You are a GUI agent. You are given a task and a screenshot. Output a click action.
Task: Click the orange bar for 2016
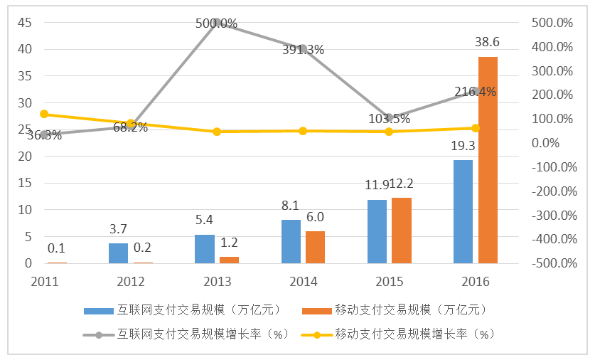coord(488,160)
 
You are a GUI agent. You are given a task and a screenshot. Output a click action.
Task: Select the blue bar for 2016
coord(463,211)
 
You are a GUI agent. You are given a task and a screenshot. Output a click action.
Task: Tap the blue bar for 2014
coord(291,241)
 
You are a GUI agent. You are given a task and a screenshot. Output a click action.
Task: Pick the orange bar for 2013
coord(229,260)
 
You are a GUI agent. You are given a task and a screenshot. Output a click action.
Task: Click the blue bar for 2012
coord(118,253)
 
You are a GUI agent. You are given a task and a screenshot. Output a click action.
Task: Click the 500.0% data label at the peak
coord(217,23)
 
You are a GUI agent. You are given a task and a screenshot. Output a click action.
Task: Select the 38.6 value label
coord(488,43)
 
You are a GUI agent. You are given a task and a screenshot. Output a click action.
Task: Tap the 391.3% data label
coord(303,50)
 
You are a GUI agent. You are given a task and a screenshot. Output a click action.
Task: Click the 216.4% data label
coord(474,92)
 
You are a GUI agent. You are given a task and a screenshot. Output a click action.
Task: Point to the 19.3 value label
coord(463,147)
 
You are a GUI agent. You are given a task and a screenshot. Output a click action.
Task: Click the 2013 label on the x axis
coord(217,281)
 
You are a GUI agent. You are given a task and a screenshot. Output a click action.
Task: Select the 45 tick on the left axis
coord(24,23)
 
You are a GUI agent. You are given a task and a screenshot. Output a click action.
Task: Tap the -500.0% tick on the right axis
coord(552,263)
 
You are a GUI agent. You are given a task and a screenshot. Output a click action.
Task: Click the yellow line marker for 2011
coord(44,114)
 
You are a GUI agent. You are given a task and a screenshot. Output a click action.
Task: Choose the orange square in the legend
coord(316,310)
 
